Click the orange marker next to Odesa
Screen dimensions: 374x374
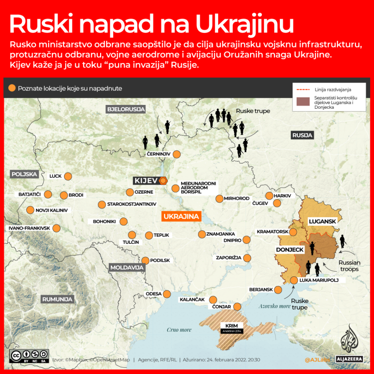(x=167, y=293)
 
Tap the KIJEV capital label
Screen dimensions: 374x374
(x=146, y=181)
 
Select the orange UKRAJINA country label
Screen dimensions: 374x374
(x=182, y=216)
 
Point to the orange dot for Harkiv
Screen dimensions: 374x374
(x=269, y=195)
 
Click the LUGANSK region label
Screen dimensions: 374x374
(x=323, y=221)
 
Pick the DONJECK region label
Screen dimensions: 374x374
(x=289, y=250)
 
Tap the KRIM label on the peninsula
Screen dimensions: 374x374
(x=231, y=325)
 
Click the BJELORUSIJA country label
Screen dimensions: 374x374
(x=126, y=109)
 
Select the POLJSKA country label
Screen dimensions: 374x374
(x=24, y=173)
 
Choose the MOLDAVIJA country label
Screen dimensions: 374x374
(x=127, y=267)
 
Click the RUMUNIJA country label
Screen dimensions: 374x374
(x=58, y=299)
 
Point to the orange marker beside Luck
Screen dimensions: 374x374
(x=68, y=176)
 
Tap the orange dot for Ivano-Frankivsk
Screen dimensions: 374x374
(x=57, y=228)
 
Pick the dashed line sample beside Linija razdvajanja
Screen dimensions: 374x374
(x=302, y=89)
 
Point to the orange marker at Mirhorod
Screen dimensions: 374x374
(x=220, y=198)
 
